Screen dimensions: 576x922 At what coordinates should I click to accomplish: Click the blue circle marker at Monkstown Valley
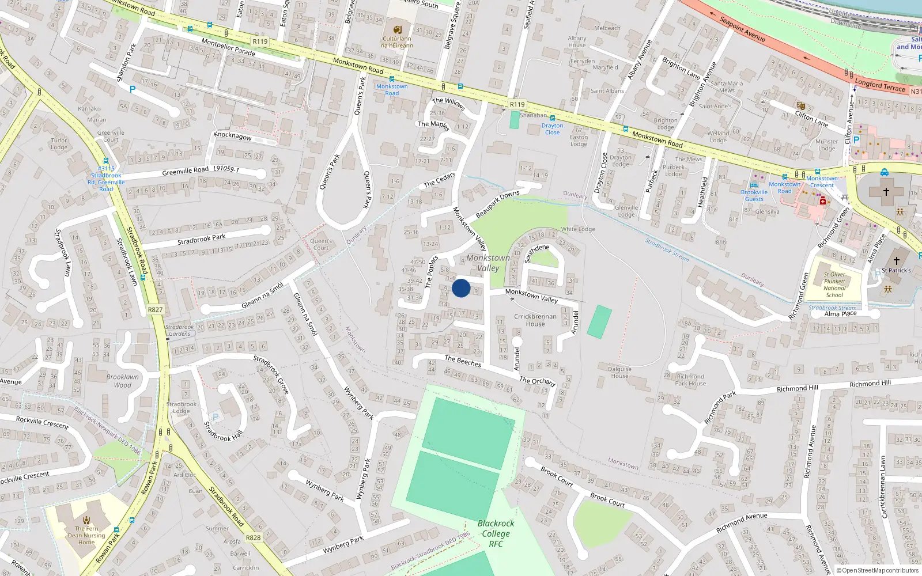click(x=461, y=288)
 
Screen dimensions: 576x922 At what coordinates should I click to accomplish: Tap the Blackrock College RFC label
click(x=496, y=533)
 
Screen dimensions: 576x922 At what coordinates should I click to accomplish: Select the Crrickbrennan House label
click(x=535, y=320)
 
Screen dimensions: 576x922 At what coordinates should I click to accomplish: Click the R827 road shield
click(x=155, y=310)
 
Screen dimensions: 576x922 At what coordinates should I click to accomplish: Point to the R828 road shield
click(x=253, y=537)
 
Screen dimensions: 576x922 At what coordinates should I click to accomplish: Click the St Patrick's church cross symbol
click(x=897, y=260)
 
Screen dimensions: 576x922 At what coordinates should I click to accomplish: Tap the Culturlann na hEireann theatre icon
click(x=397, y=30)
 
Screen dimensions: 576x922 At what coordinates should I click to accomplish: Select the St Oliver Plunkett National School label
click(x=834, y=285)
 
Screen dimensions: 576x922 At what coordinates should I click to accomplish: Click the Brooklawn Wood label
click(x=122, y=381)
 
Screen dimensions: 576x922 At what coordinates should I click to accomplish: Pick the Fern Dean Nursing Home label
click(x=86, y=535)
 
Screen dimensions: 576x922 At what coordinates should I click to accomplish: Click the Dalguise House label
click(x=619, y=372)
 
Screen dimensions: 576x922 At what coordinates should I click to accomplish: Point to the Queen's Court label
click(x=321, y=244)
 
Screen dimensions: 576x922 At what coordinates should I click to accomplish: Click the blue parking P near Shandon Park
click(x=133, y=89)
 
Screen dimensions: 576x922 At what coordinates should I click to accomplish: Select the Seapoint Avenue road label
click(x=742, y=29)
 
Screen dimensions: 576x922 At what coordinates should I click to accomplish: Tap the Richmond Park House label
click(x=690, y=380)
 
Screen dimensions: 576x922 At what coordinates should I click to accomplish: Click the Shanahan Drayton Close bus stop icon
click(x=552, y=118)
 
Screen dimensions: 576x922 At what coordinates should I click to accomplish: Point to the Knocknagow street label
click(x=232, y=136)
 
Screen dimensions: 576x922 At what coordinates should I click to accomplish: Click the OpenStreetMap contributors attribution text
click(x=878, y=571)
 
